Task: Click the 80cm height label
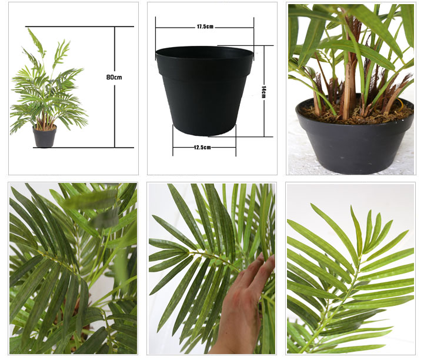click(114, 77)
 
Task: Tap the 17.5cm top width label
click(205, 26)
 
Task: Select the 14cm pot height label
click(264, 92)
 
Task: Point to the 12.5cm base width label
click(202, 148)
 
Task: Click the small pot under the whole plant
click(45, 136)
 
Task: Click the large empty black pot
click(205, 91)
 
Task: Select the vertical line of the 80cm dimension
click(115, 87)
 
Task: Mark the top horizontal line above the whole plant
click(79, 26)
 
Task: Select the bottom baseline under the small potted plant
click(84, 148)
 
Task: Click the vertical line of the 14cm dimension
click(264, 91)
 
